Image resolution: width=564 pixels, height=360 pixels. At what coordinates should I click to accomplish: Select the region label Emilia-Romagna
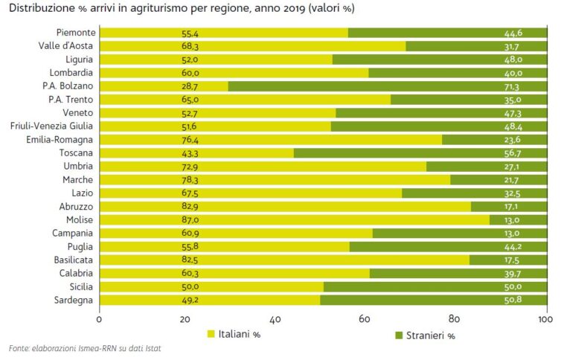[x=60, y=140]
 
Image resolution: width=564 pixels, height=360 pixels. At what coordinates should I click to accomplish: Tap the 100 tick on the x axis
[x=546, y=319]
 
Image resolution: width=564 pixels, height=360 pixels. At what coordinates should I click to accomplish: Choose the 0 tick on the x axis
[x=99, y=319]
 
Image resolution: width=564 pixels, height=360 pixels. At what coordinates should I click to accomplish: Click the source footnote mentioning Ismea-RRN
[x=85, y=349]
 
